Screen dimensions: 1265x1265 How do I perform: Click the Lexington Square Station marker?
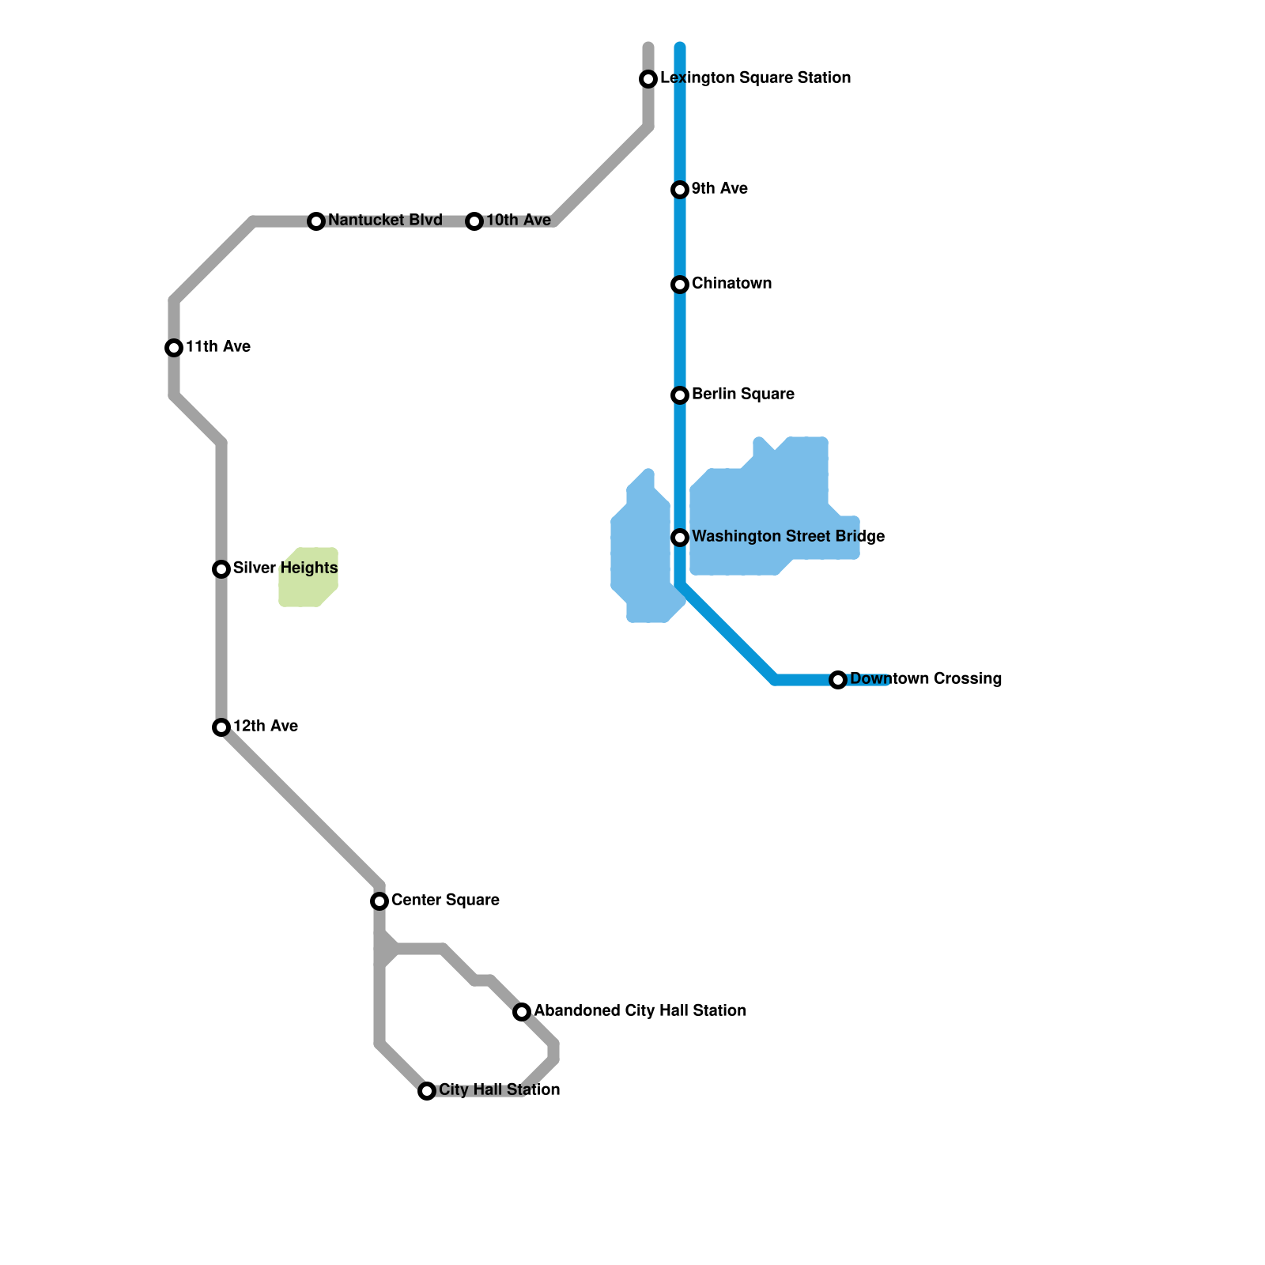tap(648, 79)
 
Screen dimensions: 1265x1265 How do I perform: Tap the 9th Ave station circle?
tap(680, 190)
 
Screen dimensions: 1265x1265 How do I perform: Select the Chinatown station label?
tap(731, 283)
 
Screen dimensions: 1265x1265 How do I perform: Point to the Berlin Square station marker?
tap(680, 395)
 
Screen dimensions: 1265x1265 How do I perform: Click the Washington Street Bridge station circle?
tap(680, 538)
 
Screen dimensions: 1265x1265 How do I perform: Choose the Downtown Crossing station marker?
tap(838, 680)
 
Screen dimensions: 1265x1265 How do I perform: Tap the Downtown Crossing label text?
tap(926, 678)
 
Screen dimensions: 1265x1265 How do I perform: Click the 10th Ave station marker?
tap(474, 221)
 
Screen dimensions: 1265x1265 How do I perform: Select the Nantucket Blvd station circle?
tap(316, 221)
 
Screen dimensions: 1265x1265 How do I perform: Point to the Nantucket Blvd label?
tap(385, 220)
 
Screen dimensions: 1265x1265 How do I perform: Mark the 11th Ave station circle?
tap(174, 348)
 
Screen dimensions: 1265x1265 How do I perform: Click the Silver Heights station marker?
tap(221, 569)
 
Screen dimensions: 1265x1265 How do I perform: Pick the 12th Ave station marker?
tap(221, 727)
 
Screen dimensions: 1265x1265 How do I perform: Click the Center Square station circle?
tap(379, 901)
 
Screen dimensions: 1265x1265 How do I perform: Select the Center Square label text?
tap(445, 900)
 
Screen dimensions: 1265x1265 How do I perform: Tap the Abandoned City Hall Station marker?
tap(522, 1012)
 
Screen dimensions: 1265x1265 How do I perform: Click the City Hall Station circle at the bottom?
tap(427, 1091)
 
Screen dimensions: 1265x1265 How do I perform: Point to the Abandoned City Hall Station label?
tap(640, 1010)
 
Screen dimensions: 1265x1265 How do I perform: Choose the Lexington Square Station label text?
tap(755, 77)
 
